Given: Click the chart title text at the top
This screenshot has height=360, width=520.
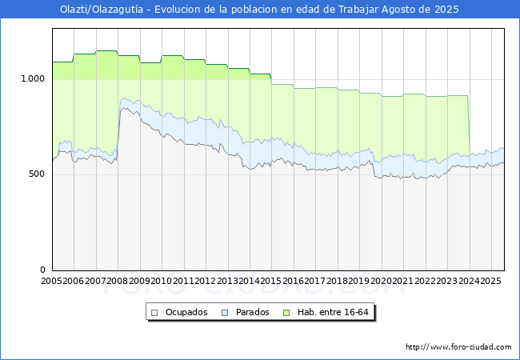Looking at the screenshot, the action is pos(259,10).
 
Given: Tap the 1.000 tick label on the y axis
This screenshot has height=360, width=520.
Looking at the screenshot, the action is pos(33,79).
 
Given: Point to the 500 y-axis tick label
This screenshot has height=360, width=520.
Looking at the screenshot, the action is pos(37,174).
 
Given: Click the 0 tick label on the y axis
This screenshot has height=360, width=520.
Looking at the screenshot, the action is pos(42,270).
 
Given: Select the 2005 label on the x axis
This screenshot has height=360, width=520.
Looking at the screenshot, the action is pos(51,281).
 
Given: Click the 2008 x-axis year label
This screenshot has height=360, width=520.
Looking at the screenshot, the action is pos(118,281).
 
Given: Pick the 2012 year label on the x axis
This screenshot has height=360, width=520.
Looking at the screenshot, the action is pos(206,281).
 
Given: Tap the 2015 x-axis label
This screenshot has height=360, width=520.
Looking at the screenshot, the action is pos(271,281).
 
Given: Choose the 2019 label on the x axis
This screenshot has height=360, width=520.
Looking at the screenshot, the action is pos(359,281).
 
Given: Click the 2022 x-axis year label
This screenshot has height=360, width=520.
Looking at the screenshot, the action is pos(425,281).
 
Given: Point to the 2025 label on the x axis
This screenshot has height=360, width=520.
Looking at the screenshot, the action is pos(490,281).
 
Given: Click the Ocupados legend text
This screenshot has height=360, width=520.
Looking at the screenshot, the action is pos(186,312).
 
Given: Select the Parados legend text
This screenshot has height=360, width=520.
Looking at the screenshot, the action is pos(252,312).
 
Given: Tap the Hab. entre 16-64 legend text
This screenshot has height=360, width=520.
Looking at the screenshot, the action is pos(333,312).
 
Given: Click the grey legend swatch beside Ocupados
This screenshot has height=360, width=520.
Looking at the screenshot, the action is pos(154,313).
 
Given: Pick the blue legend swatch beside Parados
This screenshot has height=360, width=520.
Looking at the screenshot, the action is pos(225,313).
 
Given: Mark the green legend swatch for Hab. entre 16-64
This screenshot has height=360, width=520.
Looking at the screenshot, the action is pos(286,313).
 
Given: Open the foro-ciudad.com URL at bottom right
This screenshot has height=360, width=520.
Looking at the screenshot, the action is pos(458,347).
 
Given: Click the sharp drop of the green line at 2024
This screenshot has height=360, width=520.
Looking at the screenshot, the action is pos(469,126).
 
